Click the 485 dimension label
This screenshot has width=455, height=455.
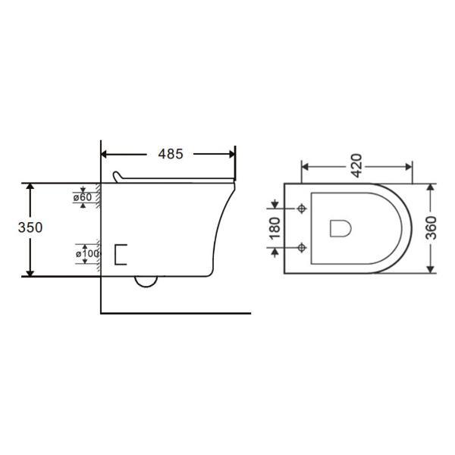pos(171,154)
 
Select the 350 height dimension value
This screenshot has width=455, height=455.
pos(30,227)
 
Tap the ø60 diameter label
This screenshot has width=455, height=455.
pos(83,197)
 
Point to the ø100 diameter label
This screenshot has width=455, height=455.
pos(87,254)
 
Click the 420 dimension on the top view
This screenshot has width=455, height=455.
pos(357,165)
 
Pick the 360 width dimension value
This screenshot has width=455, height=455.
pos(431,228)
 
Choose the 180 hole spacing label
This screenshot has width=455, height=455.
pos(275,228)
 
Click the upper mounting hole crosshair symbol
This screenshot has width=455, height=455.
pos(302,209)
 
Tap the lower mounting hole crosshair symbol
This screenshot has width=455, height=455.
pos(302,248)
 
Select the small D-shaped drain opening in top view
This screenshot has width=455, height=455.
pos(340,228)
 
